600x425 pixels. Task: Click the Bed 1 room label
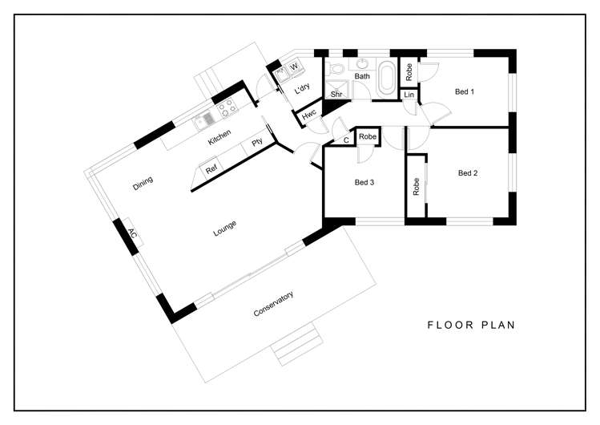point(464,91)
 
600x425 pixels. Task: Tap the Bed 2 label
point(468,173)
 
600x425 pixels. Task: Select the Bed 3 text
point(364,182)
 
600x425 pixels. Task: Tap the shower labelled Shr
point(336,90)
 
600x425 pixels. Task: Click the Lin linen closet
point(409,94)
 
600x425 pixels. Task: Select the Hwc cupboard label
point(308,114)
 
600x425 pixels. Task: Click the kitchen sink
point(203,119)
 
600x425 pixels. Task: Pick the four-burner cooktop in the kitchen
point(228,107)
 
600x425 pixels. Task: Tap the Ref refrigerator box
point(211,168)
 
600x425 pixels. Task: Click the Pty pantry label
point(257,143)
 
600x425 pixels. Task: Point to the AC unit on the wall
point(133,233)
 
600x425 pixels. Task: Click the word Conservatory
point(273,304)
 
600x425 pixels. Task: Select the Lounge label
point(224,229)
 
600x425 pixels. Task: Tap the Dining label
point(143,183)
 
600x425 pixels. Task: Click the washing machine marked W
point(294,67)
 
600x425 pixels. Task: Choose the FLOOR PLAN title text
point(471,325)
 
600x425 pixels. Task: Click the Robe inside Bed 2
point(417,187)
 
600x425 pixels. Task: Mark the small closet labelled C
point(346,140)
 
